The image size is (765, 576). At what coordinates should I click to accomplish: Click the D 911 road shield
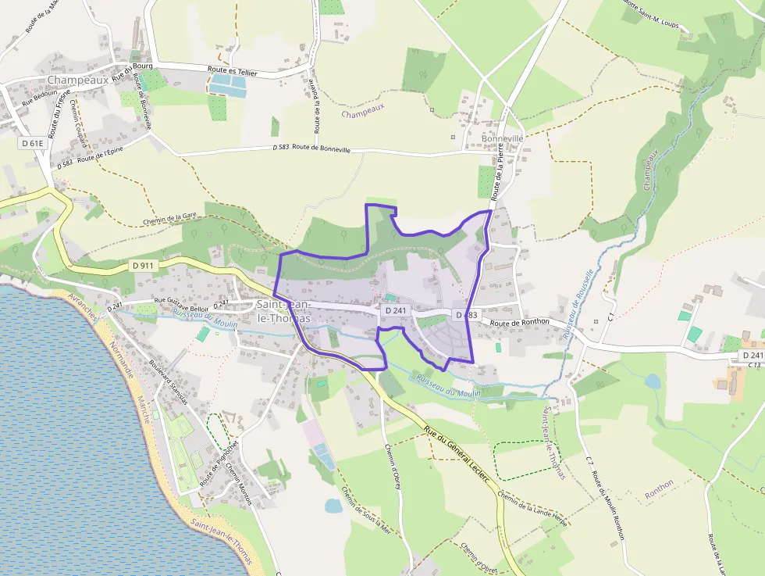tap(144, 266)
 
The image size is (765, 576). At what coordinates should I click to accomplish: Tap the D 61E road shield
tap(33, 143)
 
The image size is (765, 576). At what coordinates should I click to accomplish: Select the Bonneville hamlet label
tap(503, 138)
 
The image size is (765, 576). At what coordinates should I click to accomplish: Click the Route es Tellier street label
tap(233, 72)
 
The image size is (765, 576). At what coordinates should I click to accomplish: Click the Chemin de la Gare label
tap(169, 220)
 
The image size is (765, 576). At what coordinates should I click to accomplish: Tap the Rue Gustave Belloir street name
tap(181, 306)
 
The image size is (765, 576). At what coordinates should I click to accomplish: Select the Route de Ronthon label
tap(520, 321)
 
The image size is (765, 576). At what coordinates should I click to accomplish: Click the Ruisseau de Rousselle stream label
tap(578, 304)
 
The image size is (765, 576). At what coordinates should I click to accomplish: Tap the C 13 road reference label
tap(754, 365)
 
